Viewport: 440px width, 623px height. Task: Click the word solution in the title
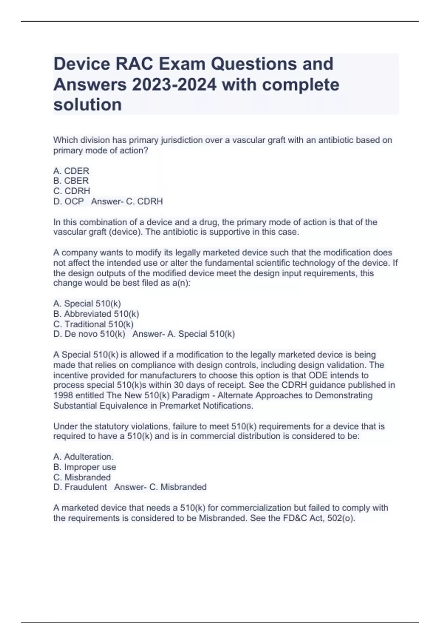coord(88,105)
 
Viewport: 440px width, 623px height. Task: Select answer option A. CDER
coord(71,171)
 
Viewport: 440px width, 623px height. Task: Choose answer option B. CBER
coord(71,181)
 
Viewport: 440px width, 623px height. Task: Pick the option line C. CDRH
coord(71,191)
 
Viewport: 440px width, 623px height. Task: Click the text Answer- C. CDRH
coord(127,202)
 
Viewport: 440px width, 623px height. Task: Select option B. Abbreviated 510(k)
coord(96,314)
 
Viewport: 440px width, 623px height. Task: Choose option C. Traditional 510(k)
coord(93,324)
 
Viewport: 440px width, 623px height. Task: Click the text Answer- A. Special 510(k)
coord(183,334)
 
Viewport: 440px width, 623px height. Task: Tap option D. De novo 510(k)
coord(89,334)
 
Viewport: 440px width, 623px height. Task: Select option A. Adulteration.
coord(83,457)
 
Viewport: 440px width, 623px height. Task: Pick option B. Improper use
coord(84,467)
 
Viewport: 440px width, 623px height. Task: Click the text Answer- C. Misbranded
coord(160,487)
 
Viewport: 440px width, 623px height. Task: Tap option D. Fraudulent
coord(80,487)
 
